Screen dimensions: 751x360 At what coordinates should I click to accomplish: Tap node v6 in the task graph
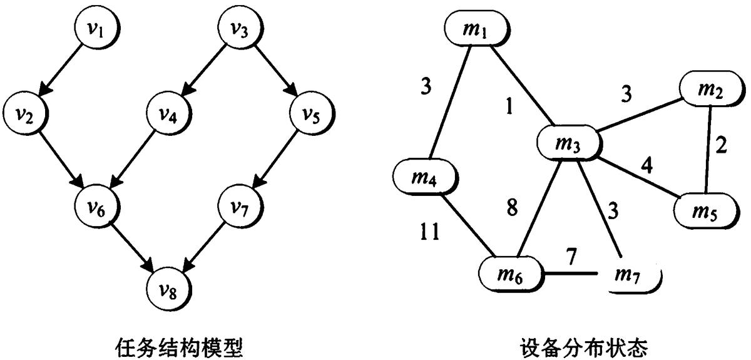tap(97, 207)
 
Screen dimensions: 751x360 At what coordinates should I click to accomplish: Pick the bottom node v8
tap(168, 289)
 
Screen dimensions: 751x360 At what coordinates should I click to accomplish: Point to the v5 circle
tap(312, 113)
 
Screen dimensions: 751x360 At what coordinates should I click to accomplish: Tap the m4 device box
tap(425, 177)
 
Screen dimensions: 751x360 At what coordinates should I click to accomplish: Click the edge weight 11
tap(430, 232)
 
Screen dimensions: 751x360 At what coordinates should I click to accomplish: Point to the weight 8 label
tap(512, 208)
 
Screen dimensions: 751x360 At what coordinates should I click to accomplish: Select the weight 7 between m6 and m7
tap(571, 256)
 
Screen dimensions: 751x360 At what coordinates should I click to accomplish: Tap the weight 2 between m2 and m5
tap(721, 145)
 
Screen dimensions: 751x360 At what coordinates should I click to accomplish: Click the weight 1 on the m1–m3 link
tap(509, 106)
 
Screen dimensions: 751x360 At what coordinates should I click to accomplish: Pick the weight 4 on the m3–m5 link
tap(647, 165)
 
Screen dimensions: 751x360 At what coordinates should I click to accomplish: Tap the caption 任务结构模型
tap(179, 348)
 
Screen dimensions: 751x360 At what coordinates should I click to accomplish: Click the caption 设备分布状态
tap(584, 348)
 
